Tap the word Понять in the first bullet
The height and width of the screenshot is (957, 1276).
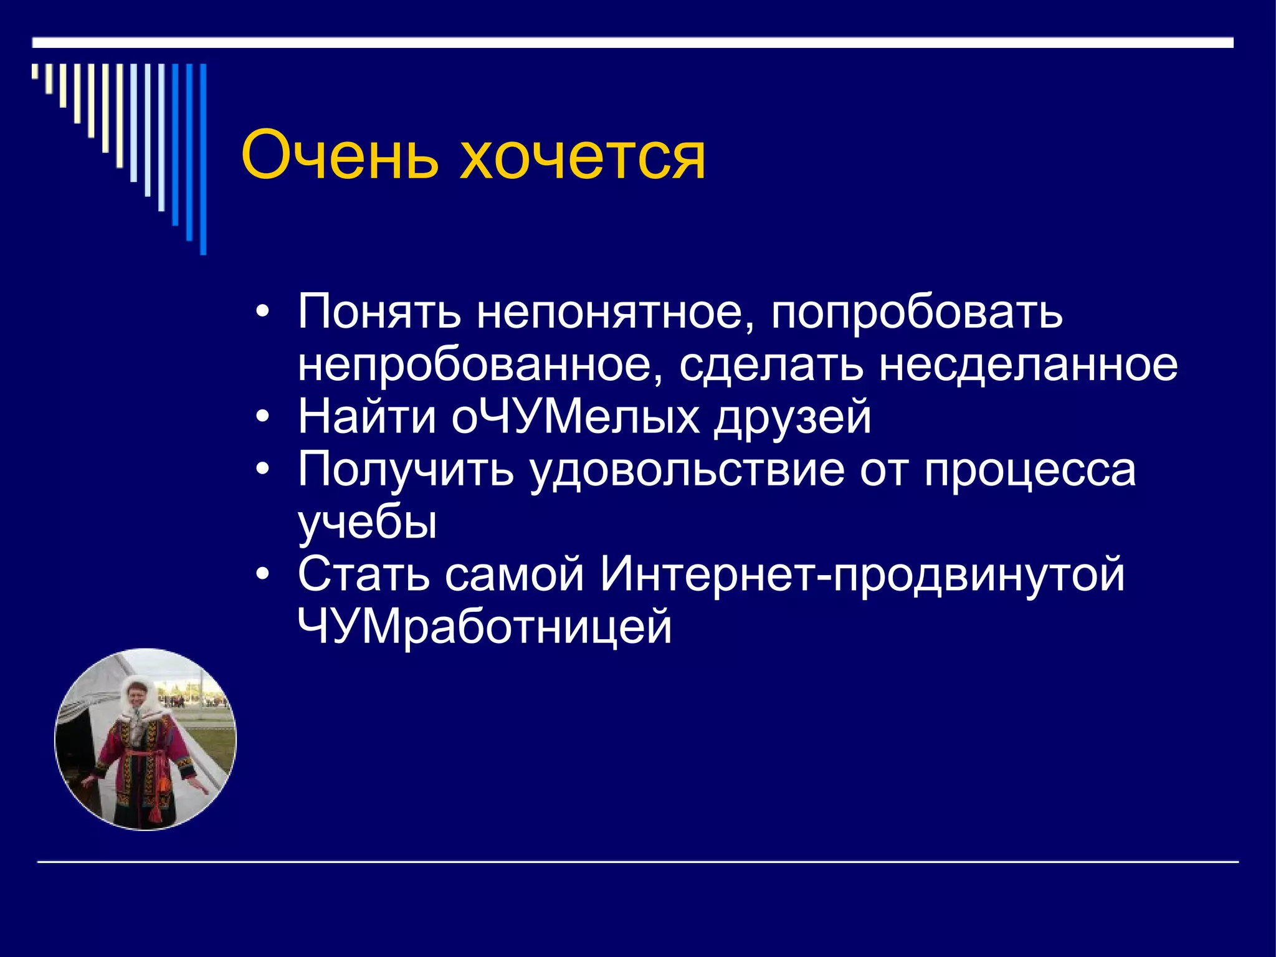[379, 312]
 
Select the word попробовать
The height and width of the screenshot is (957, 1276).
[917, 312]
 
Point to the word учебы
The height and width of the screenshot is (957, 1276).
[368, 522]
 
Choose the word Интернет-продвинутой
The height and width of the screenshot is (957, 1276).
[862, 574]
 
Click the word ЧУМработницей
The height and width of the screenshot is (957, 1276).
[485, 627]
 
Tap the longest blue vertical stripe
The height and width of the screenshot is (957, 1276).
[203, 159]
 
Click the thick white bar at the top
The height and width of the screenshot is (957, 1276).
[632, 42]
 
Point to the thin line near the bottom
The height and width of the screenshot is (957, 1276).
[638, 862]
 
